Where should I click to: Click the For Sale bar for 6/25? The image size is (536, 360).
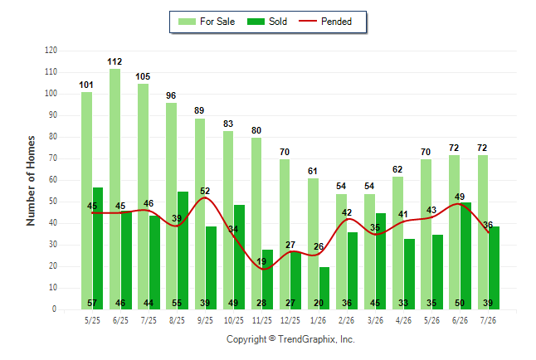click(x=115, y=189)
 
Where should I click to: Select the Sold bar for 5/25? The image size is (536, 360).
click(x=98, y=249)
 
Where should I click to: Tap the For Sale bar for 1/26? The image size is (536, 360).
click(x=313, y=244)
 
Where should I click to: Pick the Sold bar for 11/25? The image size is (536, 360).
click(x=268, y=280)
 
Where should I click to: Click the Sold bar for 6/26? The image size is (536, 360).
click(x=465, y=256)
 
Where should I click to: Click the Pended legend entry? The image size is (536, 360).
click(x=325, y=22)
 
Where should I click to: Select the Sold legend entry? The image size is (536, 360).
click(x=267, y=22)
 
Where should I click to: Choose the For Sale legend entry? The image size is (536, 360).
click(x=207, y=22)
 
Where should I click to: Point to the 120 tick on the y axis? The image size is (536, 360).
click(x=51, y=51)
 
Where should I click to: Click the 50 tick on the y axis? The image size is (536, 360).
click(x=52, y=202)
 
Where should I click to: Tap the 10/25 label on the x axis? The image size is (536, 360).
click(x=234, y=320)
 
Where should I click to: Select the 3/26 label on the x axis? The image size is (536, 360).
click(x=375, y=320)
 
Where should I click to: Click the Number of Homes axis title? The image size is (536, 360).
click(x=31, y=181)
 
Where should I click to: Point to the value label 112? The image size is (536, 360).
click(x=115, y=61)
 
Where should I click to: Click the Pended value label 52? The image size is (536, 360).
click(x=205, y=191)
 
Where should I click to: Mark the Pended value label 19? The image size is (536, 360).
click(x=261, y=261)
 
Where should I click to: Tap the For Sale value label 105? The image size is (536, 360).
click(x=143, y=76)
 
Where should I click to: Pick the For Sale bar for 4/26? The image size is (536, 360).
click(x=398, y=243)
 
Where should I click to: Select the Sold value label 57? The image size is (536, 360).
click(x=92, y=303)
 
